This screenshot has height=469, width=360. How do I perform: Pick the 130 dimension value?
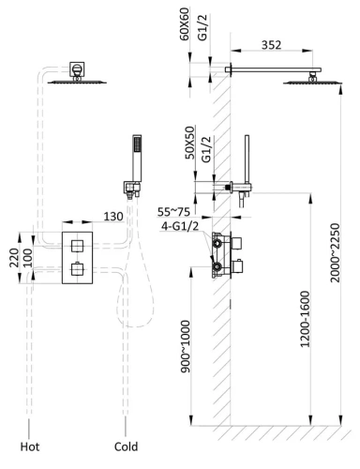coord(114,217)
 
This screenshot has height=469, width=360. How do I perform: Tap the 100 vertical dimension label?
coord(28,256)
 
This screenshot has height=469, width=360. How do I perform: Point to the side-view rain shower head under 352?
coord(306,83)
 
